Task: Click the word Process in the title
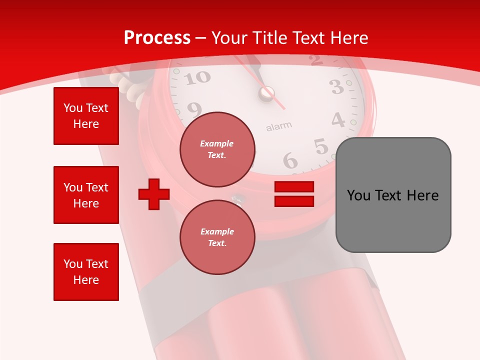pos(157,37)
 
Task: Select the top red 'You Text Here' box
pos(86,116)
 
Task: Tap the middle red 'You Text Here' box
pos(86,195)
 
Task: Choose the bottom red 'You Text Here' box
pos(86,272)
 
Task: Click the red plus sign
pos(154,194)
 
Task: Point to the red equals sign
pos(294,194)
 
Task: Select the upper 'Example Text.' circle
pos(217,149)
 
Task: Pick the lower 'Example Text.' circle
pos(217,237)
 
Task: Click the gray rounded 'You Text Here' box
pos(393,195)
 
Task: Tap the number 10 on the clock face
pos(199,77)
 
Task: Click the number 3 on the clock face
pos(337,87)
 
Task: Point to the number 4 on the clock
pos(338,120)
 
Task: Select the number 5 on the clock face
pos(321,146)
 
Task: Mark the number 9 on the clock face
pos(194,108)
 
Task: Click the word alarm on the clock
pos(278,126)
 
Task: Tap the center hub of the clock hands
pos(266,92)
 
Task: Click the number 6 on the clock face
pos(290,161)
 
